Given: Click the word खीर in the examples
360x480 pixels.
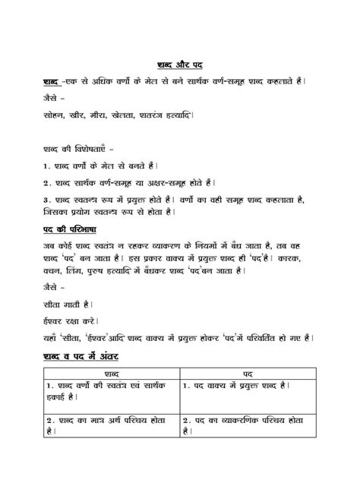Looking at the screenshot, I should [x=74, y=117].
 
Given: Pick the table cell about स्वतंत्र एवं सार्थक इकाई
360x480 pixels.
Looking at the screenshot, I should [x=106, y=393].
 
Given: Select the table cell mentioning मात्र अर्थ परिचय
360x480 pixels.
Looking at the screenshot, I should [x=106, y=424].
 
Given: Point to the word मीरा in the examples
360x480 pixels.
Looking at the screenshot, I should [x=99, y=117].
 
